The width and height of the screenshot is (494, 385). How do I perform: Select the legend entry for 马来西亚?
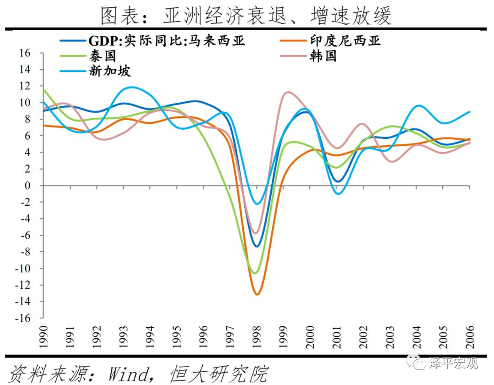(x=167, y=41)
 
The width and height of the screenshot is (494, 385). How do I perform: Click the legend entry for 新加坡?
(x=110, y=71)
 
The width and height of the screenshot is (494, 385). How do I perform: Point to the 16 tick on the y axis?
(x=25, y=53)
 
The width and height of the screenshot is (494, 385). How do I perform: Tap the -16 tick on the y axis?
(x=22, y=318)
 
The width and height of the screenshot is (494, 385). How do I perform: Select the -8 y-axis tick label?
(x=25, y=252)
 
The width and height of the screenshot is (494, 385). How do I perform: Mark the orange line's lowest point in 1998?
(x=257, y=294)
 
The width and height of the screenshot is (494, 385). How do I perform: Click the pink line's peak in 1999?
(x=287, y=92)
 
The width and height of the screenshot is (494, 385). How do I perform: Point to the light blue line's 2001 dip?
(x=338, y=193)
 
